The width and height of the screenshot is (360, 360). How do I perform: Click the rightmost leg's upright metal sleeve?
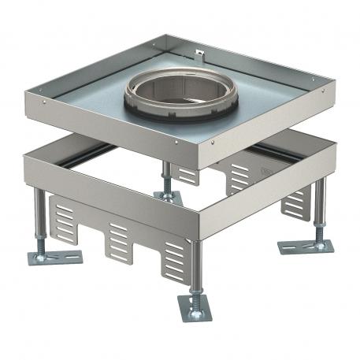[x=319, y=205]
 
